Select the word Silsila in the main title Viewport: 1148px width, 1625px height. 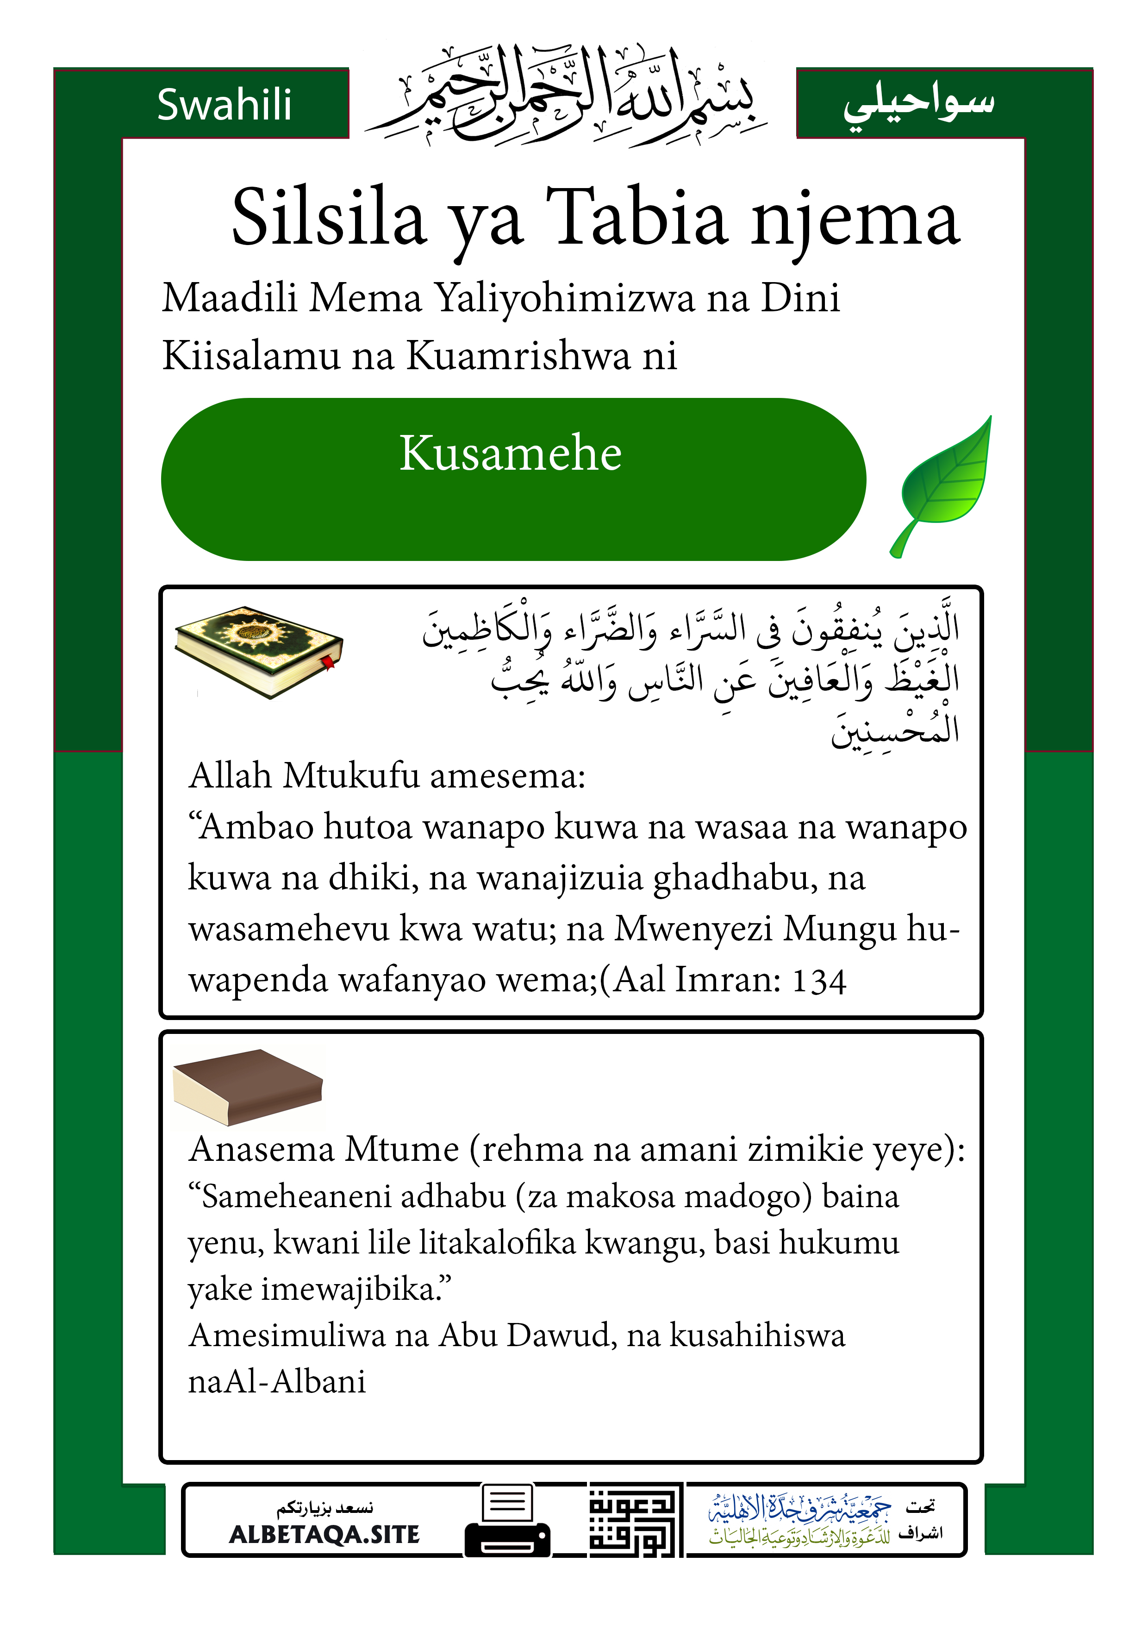(x=329, y=217)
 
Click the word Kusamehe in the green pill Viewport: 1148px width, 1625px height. (x=510, y=453)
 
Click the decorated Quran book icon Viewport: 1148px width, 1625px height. (x=258, y=650)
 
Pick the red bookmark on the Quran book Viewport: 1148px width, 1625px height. (x=328, y=663)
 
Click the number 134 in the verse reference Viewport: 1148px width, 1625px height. (x=818, y=981)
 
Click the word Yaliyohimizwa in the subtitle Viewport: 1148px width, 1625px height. (x=564, y=297)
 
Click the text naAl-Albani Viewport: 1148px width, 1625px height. (x=276, y=1381)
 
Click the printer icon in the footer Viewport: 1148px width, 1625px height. (x=507, y=1521)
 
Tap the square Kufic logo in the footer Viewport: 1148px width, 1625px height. (x=635, y=1520)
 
